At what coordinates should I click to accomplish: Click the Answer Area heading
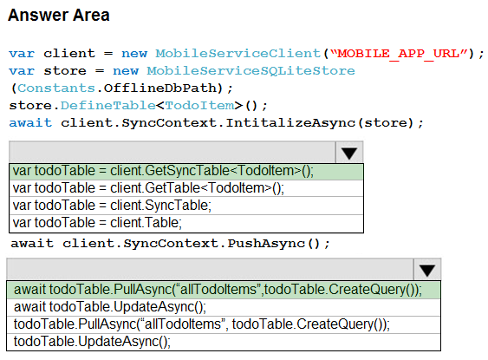(59, 16)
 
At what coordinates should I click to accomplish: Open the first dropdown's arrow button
(349, 153)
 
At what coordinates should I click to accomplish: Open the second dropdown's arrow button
(426, 270)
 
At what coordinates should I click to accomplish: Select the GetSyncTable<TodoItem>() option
(186, 171)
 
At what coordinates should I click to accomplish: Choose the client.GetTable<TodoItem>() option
(186, 188)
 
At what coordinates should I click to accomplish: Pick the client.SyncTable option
(186, 206)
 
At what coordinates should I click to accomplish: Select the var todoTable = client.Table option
(186, 223)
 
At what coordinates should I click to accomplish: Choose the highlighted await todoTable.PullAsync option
(224, 290)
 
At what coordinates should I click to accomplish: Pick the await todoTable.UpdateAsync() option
(224, 307)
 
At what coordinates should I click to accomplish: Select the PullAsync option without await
(224, 324)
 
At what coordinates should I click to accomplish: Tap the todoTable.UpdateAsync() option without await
(224, 342)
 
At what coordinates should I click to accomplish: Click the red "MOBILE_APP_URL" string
(399, 54)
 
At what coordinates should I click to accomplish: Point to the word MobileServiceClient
(238, 54)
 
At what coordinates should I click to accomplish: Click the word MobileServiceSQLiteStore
(251, 71)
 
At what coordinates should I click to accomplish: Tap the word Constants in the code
(56, 88)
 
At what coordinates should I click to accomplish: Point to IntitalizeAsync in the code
(290, 123)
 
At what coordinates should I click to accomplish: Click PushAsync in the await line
(266, 244)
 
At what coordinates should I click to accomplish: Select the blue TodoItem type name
(199, 106)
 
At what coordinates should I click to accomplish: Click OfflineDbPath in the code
(160, 88)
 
